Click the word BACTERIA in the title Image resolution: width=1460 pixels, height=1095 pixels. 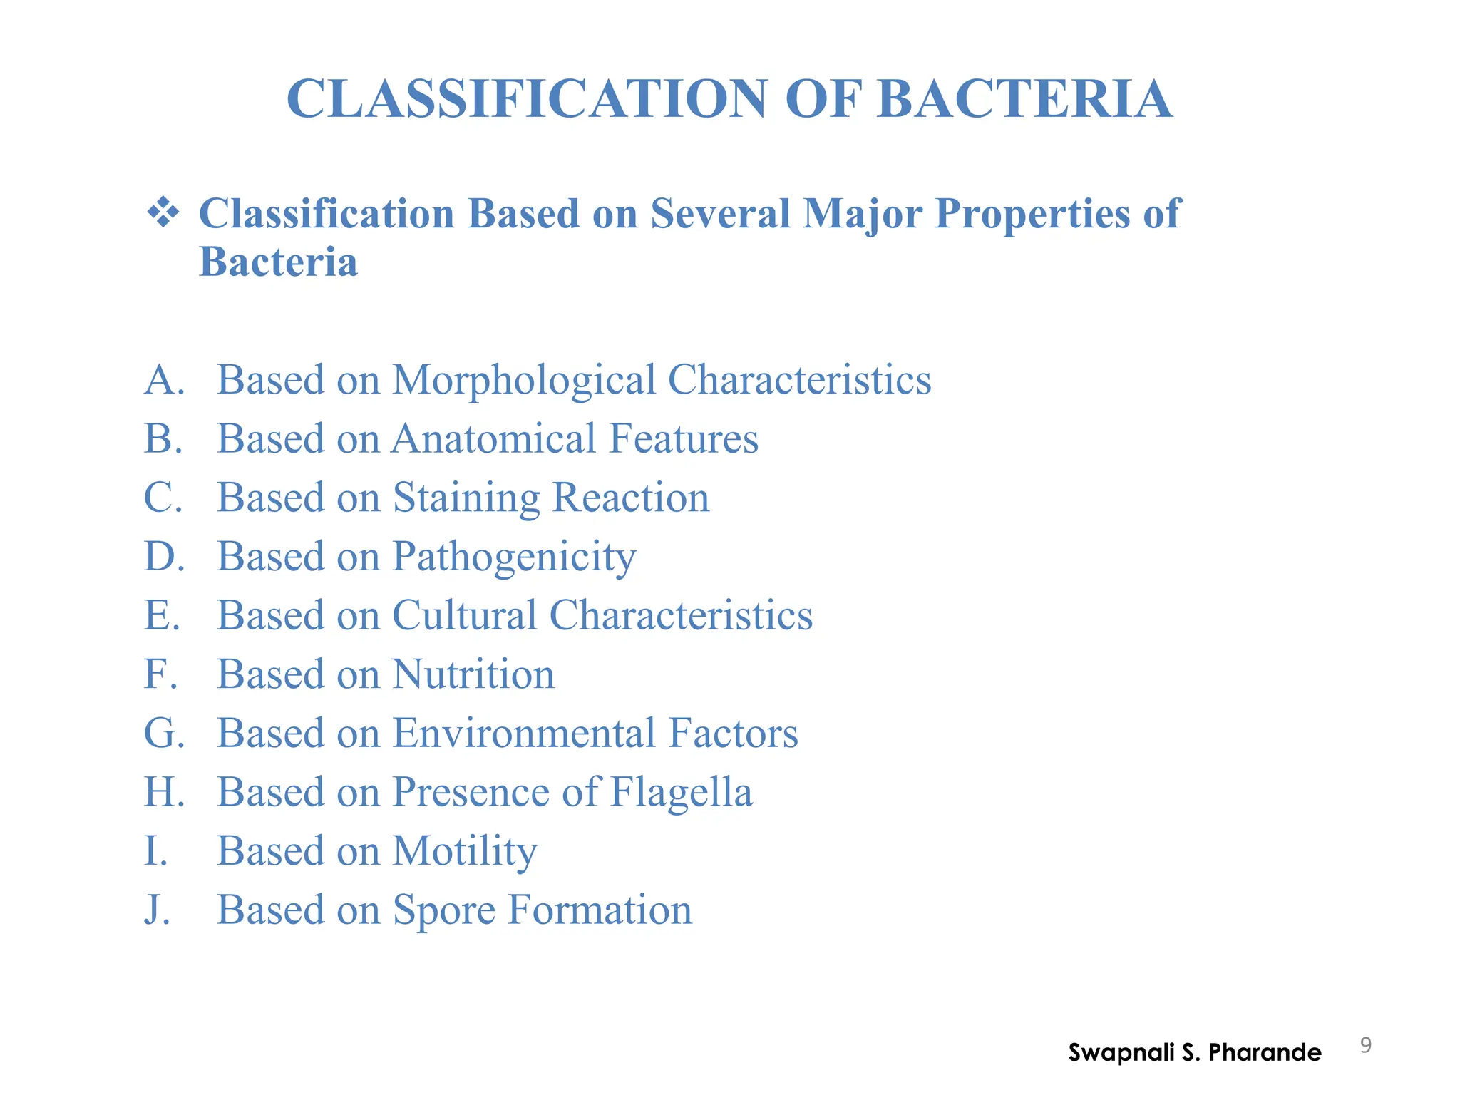(x=1024, y=99)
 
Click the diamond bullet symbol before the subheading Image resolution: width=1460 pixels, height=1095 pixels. (x=163, y=212)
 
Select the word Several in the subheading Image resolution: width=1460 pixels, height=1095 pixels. (x=720, y=213)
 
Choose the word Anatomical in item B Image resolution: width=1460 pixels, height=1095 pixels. (x=494, y=438)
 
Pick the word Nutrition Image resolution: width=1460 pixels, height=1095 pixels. (x=473, y=674)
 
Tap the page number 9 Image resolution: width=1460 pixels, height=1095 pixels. (x=1365, y=1046)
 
